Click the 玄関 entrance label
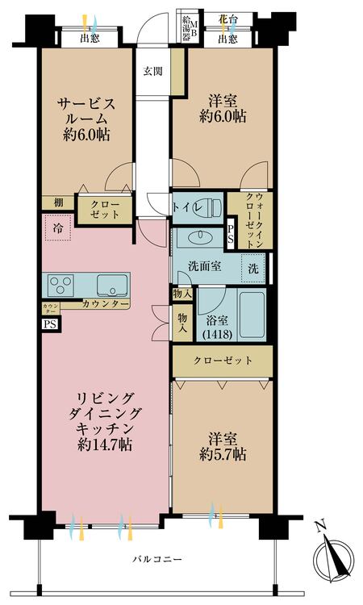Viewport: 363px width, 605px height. click(x=152, y=71)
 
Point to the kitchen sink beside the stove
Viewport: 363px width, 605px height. click(x=111, y=285)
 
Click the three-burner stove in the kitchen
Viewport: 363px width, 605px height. click(x=60, y=285)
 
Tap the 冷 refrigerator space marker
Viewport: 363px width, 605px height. click(x=58, y=228)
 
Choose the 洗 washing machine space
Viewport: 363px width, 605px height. click(x=253, y=268)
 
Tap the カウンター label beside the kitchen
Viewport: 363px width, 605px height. click(x=105, y=304)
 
